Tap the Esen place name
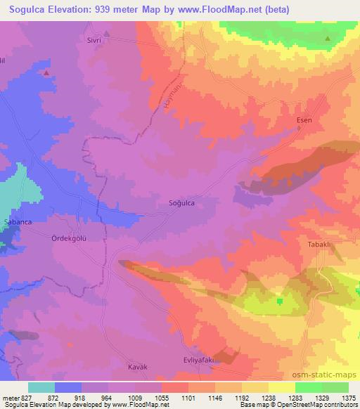click(304, 120)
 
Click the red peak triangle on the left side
click(46, 72)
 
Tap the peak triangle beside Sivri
click(107, 33)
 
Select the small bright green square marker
click(279, 301)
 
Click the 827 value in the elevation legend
click(20, 398)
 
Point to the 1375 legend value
click(347, 398)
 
